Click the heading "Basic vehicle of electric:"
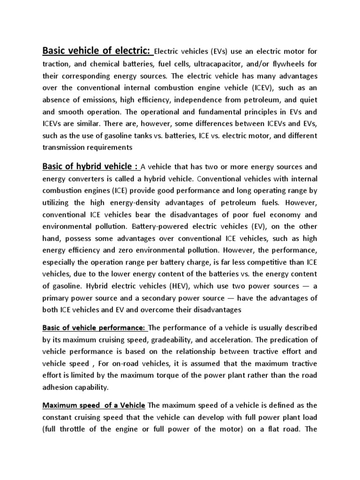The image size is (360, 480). pos(97,50)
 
